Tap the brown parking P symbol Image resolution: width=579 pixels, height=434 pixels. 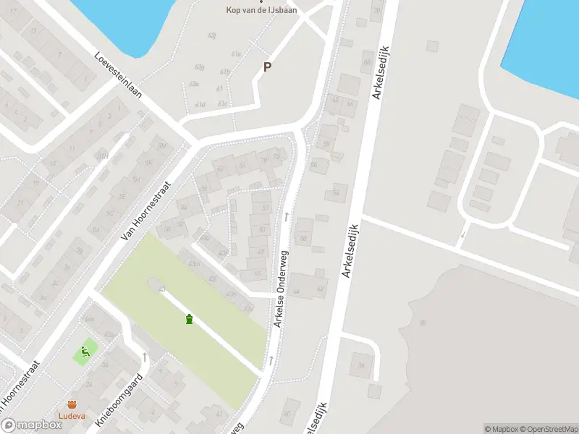267,67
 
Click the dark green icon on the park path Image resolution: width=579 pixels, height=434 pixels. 190,319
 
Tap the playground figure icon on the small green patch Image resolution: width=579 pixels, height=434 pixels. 85,352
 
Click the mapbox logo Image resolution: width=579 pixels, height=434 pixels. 31,425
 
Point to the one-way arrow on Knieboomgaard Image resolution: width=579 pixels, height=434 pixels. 145,357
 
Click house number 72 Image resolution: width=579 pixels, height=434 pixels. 275,157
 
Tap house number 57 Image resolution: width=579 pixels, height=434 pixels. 262,229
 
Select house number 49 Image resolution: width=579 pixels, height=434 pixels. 261,251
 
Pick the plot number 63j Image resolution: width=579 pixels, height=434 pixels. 212,35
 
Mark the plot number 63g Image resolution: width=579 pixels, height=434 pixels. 199,67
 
